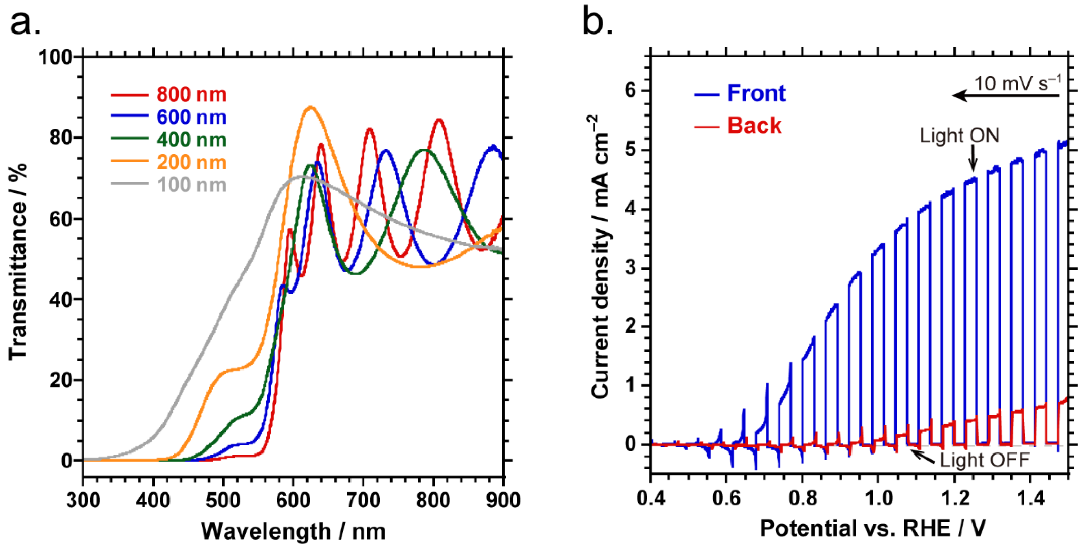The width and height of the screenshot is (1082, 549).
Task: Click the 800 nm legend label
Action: point(191,94)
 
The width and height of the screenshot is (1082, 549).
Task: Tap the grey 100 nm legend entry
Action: point(191,185)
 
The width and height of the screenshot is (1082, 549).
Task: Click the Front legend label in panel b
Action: point(756,93)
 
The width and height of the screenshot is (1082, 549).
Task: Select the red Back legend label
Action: point(754,126)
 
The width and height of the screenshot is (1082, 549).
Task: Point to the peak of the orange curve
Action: point(310,107)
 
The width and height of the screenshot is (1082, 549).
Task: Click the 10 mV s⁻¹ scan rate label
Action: point(1017,83)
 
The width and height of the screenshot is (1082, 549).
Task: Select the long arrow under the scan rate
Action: point(1006,96)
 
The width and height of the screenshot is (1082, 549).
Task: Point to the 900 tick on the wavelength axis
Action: point(503,500)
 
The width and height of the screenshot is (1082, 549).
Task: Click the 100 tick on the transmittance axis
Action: point(56,57)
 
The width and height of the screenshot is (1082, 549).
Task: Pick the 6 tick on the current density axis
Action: point(631,91)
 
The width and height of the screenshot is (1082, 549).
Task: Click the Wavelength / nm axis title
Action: point(293,531)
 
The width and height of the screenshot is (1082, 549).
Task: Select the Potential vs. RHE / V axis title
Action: point(873,528)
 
